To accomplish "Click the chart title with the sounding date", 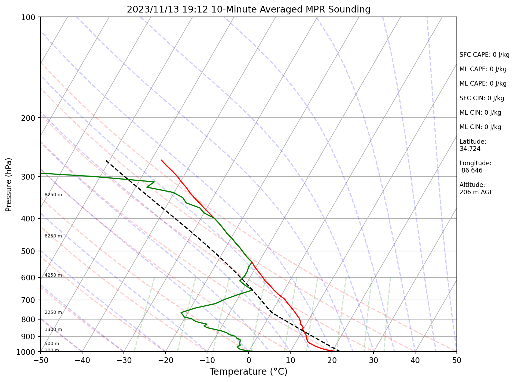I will pyautogui.click(x=248, y=10).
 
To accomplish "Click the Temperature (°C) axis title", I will pyautogui.click(x=248, y=371).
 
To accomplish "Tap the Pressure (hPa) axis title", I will pyautogui.click(x=9, y=184).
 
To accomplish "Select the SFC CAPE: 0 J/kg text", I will pyautogui.click(x=484, y=55).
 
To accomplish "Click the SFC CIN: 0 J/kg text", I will pyautogui.click(x=482, y=98).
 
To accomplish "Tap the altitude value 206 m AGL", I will pyautogui.click(x=476, y=192).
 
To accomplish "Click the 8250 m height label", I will pyautogui.click(x=53, y=195).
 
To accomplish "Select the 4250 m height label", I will pyautogui.click(x=53, y=275).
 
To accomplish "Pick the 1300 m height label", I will pyautogui.click(x=53, y=330).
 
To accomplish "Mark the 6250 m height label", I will pyautogui.click(x=53, y=236).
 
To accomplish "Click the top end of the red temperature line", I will pyautogui.click(x=162, y=160).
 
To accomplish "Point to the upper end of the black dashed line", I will pyautogui.click(x=106, y=161).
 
